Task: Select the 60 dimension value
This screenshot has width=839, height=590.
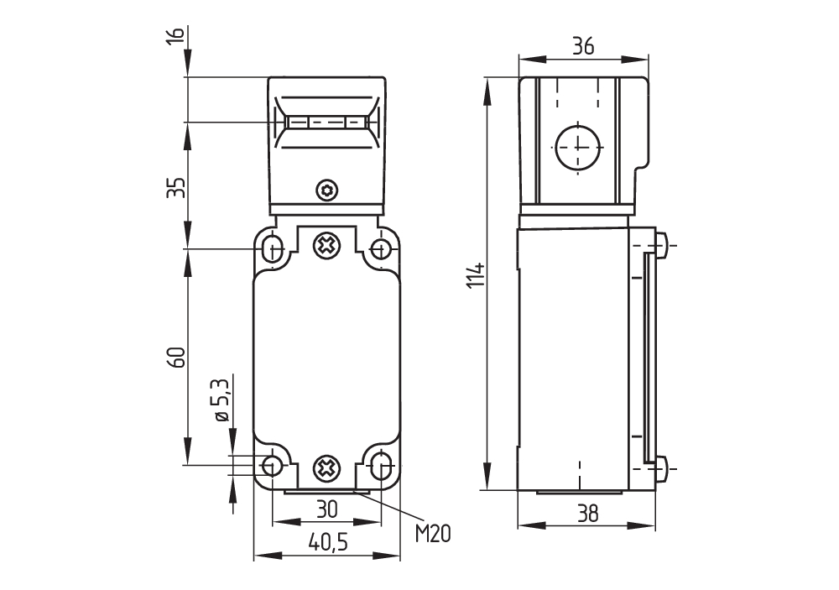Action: point(175,357)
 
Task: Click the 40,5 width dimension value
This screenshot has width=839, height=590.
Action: point(327,543)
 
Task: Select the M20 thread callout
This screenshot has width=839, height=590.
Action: point(433,532)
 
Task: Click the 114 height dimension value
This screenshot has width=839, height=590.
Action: point(475,276)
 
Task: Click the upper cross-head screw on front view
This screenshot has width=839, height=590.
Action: point(326,247)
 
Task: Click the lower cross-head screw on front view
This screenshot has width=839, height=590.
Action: point(326,468)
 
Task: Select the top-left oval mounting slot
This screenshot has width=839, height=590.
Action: point(272,248)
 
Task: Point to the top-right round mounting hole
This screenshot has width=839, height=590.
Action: point(381,248)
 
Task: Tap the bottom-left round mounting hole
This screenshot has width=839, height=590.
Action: point(272,465)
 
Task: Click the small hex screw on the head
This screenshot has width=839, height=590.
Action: point(326,191)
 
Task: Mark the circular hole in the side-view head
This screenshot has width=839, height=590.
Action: point(578,146)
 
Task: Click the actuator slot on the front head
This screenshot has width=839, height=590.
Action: point(327,123)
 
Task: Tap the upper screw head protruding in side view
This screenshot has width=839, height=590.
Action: point(661,245)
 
